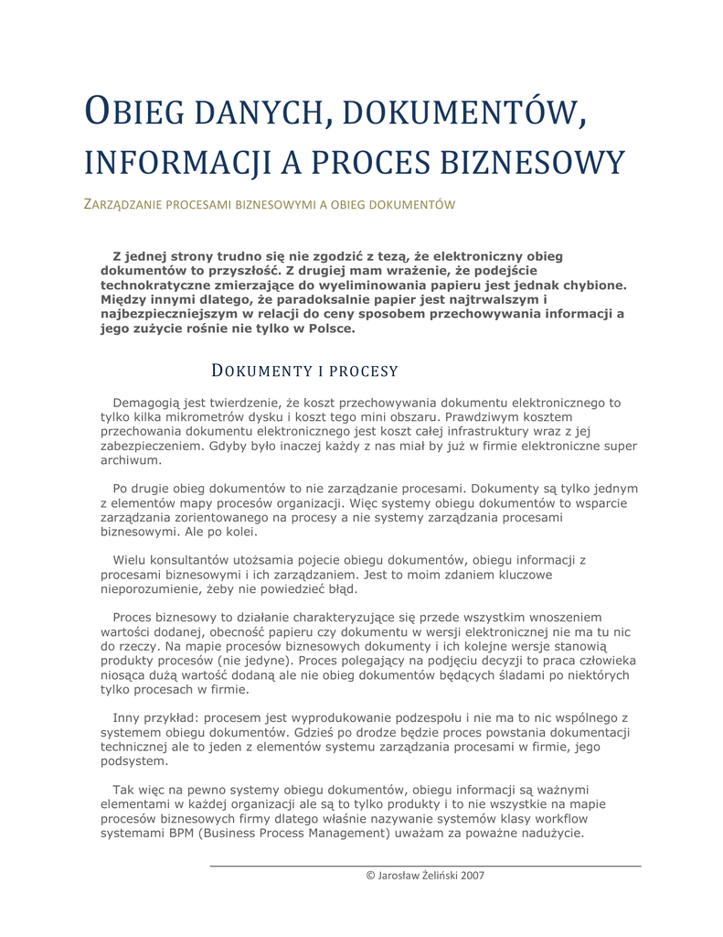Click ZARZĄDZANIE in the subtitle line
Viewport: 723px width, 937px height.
pyautogui.click(x=123, y=204)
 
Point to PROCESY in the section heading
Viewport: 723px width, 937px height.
pyautogui.click(x=363, y=371)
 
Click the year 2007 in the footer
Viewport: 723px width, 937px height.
pyautogui.click(x=472, y=875)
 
